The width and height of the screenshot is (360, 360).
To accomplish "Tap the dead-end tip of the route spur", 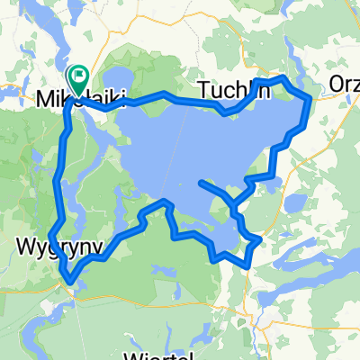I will point(200,183).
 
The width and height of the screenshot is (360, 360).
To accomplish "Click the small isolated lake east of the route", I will point(295,204).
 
